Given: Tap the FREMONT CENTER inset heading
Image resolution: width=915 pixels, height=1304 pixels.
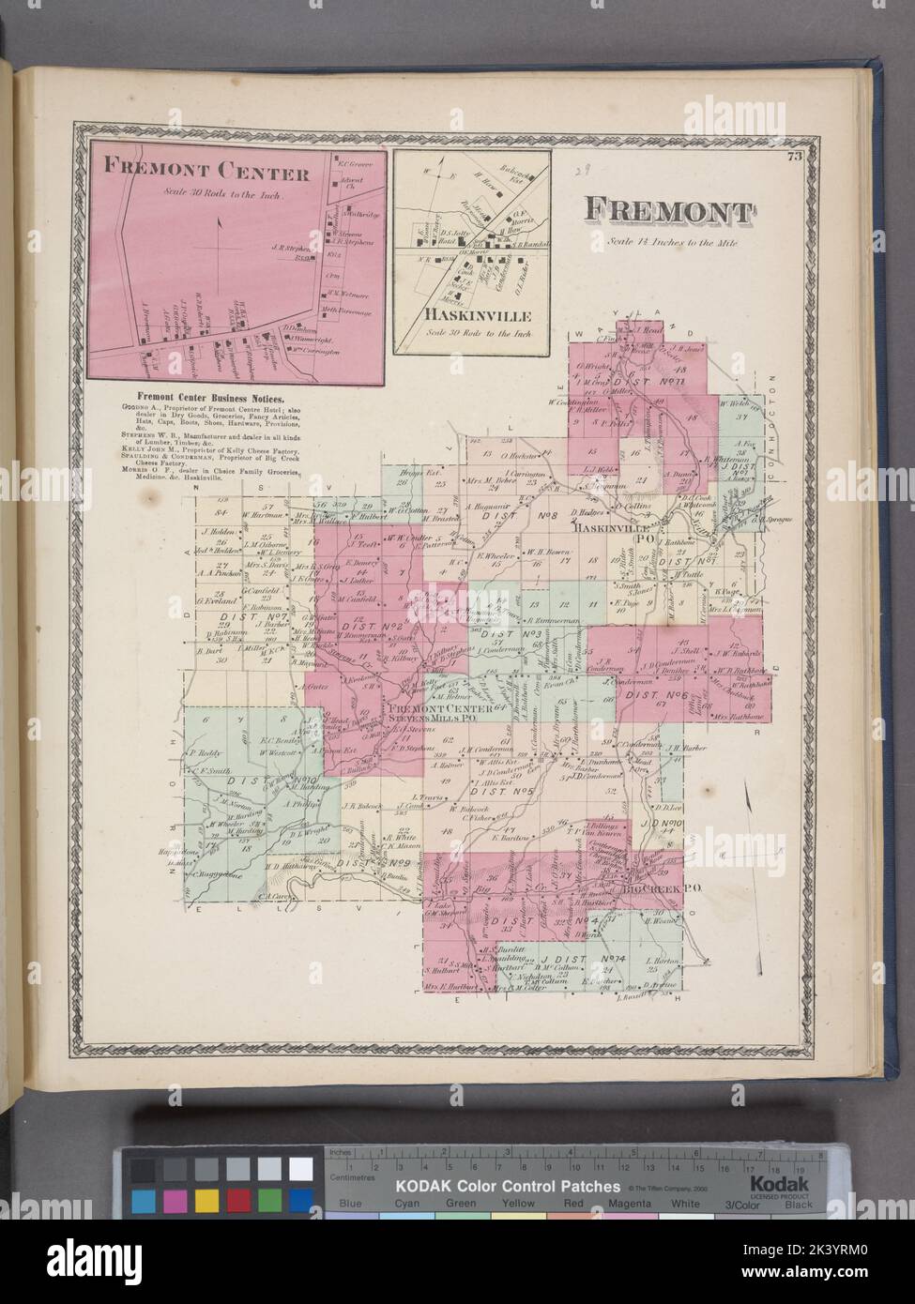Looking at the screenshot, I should click(207, 174).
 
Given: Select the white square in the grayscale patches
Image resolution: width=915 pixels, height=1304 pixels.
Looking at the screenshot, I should click(300, 1168).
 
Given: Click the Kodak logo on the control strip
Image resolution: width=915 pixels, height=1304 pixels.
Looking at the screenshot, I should click(776, 1186).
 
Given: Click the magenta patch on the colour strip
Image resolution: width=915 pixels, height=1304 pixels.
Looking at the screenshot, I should click(174, 1199).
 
